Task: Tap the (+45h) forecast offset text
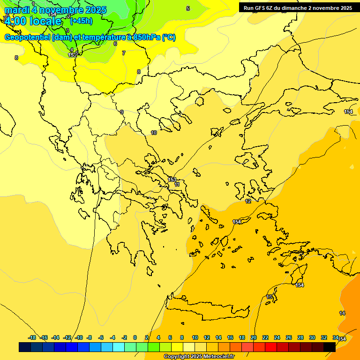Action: pyautogui.click(x=81, y=21)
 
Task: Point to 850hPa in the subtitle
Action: pyautogui.click(x=147, y=37)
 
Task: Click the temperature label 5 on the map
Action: pyautogui.click(x=188, y=8)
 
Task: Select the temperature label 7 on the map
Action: pyautogui.click(x=124, y=53)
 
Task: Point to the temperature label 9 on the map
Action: pyautogui.click(x=122, y=112)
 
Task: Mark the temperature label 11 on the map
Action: pyautogui.click(x=177, y=185)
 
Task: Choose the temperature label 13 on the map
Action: pyautogui.click(x=269, y=297)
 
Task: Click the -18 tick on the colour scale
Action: pyautogui.click(x=32, y=337)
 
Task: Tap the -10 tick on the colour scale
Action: pyautogui.click(x=79, y=337)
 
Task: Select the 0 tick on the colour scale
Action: pyautogui.click(x=135, y=337)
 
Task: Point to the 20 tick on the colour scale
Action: pyautogui.click(x=254, y=337)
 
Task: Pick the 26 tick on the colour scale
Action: pyautogui.click(x=289, y=337)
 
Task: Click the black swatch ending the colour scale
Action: pyautogui.click(x=330, y=347)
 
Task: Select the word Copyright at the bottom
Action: pyautogui.click(x=177, y=356)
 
